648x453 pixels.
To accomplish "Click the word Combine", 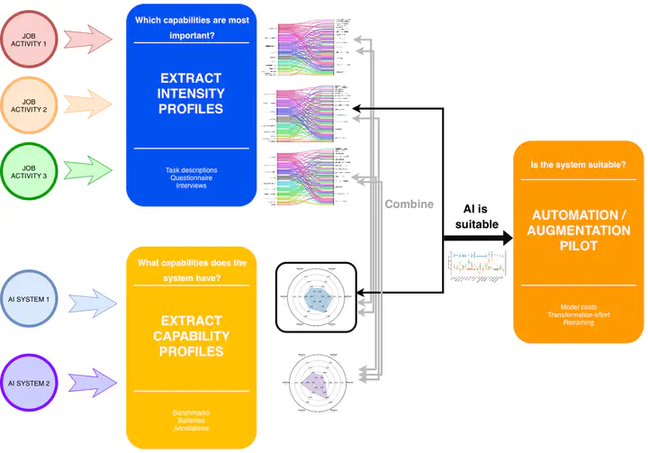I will click(409, 204).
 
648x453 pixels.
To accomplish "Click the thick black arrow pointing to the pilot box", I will click(476, 239).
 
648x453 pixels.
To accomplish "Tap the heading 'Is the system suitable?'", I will click(579, 164).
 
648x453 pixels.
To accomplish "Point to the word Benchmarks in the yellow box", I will click(191, 412).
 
